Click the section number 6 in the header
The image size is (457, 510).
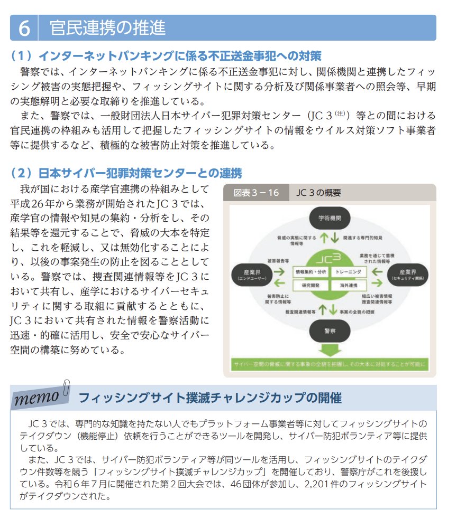pyautogui.click(x=24, y=28)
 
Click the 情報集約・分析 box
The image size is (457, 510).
pyautogui.click(x=310, y=271)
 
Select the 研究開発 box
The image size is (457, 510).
pyautogui.click(x=310, y=285)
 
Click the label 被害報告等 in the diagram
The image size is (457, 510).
pyautogui.click(x=277, y=261)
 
